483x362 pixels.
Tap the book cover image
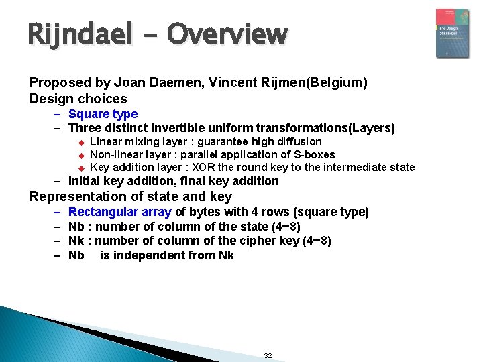point(452,34)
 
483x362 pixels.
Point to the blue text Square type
point(103,114)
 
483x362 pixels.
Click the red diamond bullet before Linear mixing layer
point(80,142)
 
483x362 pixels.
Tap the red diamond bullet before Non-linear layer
point(80,155)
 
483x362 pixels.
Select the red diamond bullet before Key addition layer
point(80,168)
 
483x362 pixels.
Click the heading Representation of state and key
point(131,196)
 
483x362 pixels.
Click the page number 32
point(268,355)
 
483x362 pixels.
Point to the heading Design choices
point(78,99)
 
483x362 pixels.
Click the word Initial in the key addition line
point(85,181)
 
